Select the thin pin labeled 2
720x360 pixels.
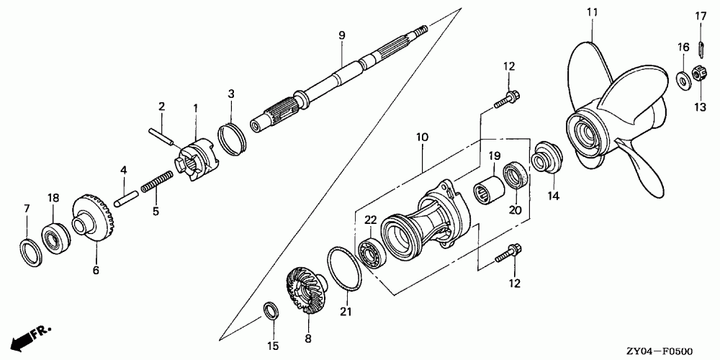click(164, 135)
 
